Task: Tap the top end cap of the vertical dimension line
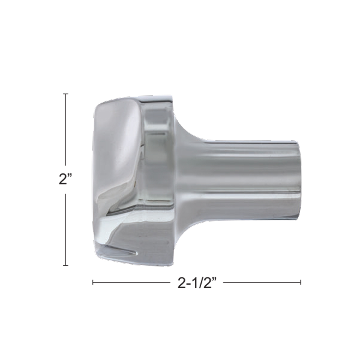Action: click(66, 94)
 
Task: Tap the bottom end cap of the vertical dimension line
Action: click(66, 265)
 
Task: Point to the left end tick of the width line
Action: click(93, 282)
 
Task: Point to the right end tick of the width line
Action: click(301, 282)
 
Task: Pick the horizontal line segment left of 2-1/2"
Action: click(130, 282)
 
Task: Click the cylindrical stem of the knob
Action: click(240, 171)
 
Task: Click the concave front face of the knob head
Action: click(117, 156)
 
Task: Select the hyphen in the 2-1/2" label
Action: click(187, 283)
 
